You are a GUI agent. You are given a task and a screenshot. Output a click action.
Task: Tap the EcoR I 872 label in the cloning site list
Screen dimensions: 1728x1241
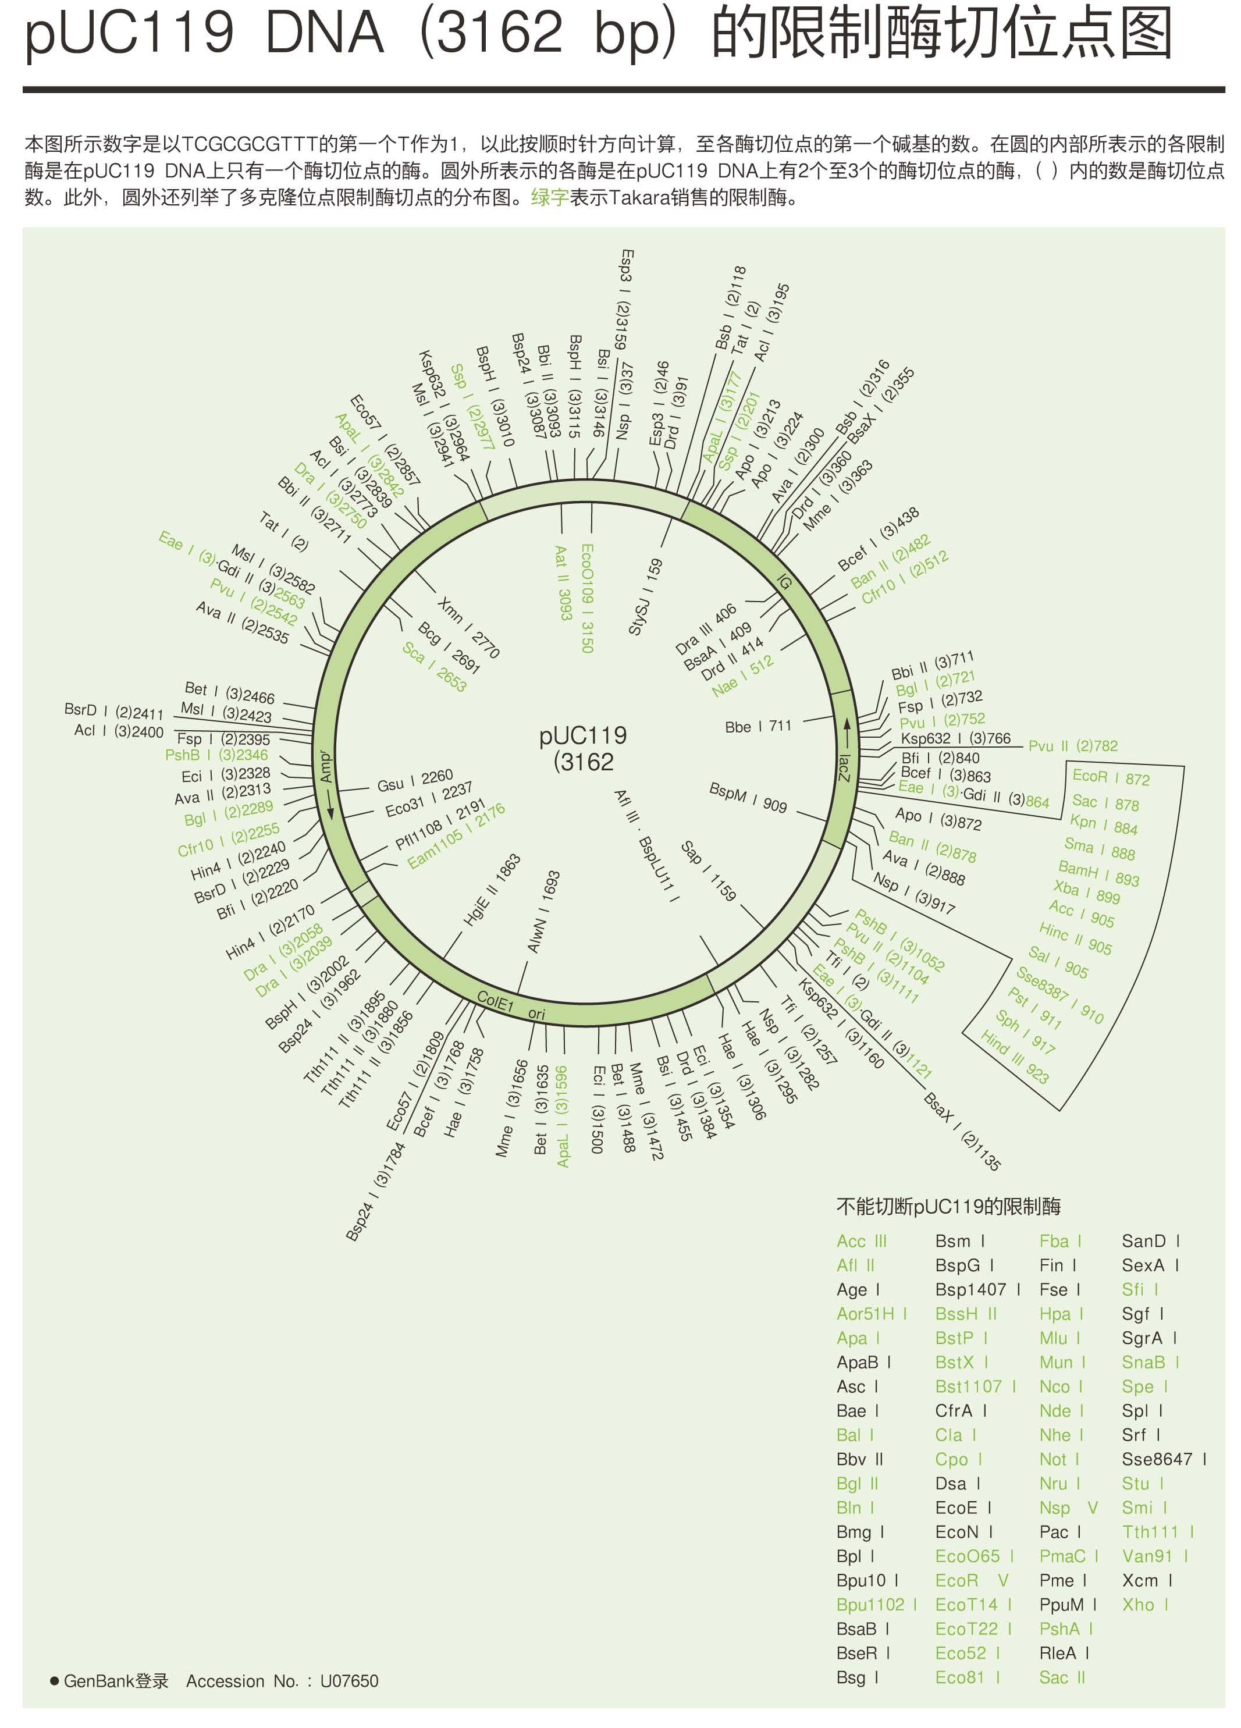point(1111,778)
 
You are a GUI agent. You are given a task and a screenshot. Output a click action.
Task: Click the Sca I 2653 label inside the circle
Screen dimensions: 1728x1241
point(434,666)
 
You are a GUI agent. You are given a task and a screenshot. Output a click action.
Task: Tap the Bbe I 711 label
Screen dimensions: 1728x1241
point(758,726)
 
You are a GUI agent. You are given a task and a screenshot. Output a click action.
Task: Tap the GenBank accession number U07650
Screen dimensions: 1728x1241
point(349,1681)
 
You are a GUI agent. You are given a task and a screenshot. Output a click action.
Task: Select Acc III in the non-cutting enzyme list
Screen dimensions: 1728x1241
point(862,1241)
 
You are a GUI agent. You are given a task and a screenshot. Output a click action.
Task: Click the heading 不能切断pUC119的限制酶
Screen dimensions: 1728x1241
point(948,1206)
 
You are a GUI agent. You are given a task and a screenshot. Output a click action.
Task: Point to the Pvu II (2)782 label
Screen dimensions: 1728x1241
point(1073,746)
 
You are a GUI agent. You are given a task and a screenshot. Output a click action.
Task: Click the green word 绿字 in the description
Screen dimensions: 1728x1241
point(550,198)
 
